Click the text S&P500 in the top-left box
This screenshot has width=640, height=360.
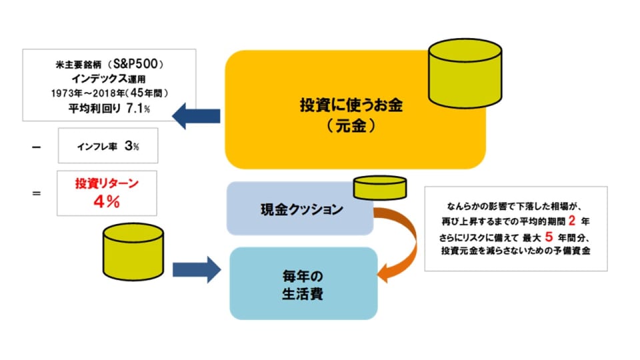pos(135,64)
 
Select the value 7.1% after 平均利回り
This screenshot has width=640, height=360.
pos(138,108)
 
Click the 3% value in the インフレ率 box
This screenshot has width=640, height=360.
pos(132,146)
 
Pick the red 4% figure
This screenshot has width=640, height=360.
pos(107,201)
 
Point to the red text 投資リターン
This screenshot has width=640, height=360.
pos(107,183)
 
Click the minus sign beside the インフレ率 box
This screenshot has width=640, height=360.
pos(36,147)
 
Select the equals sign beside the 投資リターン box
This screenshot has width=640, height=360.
pos(36,193)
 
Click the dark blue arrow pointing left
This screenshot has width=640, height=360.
pos(196,116)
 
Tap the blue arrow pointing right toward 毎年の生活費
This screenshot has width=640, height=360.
pos(197,270)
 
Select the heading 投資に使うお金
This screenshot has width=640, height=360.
pos(351,105)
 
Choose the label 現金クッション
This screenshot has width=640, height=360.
pos(301,209)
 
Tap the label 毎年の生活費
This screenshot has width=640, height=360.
pos(303,285)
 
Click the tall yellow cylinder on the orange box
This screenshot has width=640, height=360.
pos(465,73)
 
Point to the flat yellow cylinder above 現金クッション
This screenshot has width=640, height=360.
pos(379,188)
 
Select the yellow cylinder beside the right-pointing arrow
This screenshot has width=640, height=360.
pos(133,252)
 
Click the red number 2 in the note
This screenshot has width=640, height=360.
pos(572,221)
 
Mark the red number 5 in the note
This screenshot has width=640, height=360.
pos(549,237)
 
